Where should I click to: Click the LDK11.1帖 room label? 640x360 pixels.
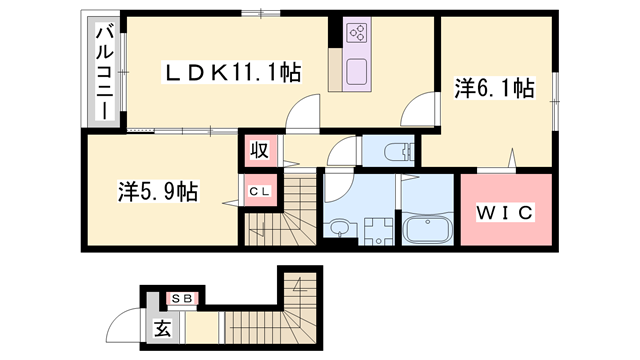click(232, 73)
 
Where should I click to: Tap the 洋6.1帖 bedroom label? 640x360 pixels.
click(495, 89)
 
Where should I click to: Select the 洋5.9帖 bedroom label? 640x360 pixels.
click(158, 191)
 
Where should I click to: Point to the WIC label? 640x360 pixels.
click(505, 212)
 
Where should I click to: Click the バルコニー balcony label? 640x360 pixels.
click(104, 72)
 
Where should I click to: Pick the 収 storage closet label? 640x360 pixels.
click(260, 150)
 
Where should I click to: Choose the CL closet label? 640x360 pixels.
click(260, 191)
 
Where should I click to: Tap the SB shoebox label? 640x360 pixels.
click(182, 299)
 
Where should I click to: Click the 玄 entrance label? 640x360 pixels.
click(163, 328)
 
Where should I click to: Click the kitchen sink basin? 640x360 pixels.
click(357, 71)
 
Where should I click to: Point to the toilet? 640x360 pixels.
click(399, 152)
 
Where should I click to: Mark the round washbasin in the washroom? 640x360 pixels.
click(339, 227)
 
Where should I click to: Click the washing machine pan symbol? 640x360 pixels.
click(378, 231)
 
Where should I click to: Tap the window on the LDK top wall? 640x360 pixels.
click(260, 13)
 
